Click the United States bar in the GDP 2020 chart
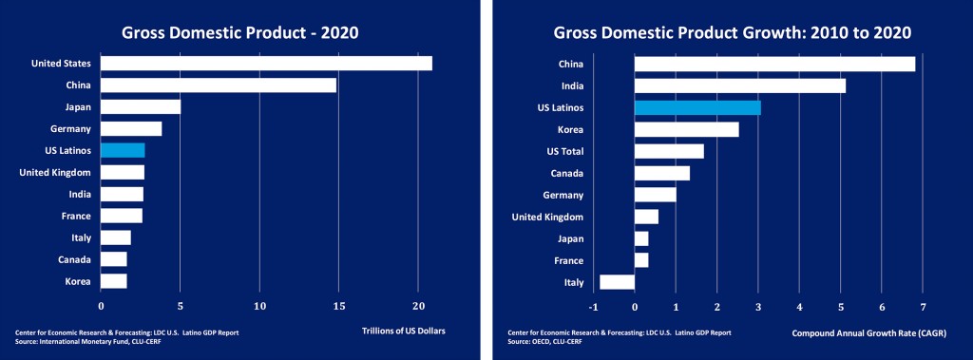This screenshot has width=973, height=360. coord(266,64)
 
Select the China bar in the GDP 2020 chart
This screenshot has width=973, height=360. coord(219,85)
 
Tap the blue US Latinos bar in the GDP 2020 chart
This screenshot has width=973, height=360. coord(123,150)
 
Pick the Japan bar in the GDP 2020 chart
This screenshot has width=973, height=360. coord(141,107)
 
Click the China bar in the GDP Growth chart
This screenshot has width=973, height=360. coord(774,65)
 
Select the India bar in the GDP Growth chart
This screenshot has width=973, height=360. coord(739,86)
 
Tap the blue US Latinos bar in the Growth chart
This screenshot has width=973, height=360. coord(697,107)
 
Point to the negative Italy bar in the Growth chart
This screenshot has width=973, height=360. coord(617,282)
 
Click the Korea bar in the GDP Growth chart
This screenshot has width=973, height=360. coord(686,129)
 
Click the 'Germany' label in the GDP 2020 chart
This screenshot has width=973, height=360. coord(70,128)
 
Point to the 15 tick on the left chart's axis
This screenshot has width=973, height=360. coord(338,307)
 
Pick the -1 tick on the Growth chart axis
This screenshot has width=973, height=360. coord(594,307)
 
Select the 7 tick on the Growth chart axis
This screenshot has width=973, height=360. coord(923,307)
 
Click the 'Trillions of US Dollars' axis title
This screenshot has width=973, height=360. coord(404,332)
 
